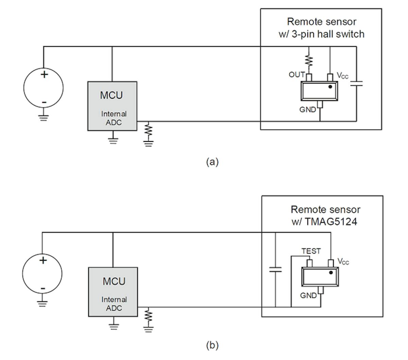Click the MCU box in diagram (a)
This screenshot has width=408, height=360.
112,106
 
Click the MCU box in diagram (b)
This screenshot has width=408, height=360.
113,292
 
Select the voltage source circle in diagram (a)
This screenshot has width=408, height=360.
44,88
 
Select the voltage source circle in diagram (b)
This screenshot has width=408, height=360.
42,274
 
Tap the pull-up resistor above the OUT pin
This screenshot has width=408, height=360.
309,61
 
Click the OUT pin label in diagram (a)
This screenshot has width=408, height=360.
296,74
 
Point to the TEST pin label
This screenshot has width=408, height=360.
311,251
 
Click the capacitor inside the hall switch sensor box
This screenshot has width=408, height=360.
356,83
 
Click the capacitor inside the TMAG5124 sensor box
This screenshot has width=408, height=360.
275,270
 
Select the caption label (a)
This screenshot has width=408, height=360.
212,162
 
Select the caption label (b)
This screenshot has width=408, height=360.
212,346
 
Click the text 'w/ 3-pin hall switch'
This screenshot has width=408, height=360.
321,34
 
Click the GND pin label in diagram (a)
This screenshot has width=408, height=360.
307,110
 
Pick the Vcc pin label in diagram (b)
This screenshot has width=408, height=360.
343,261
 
